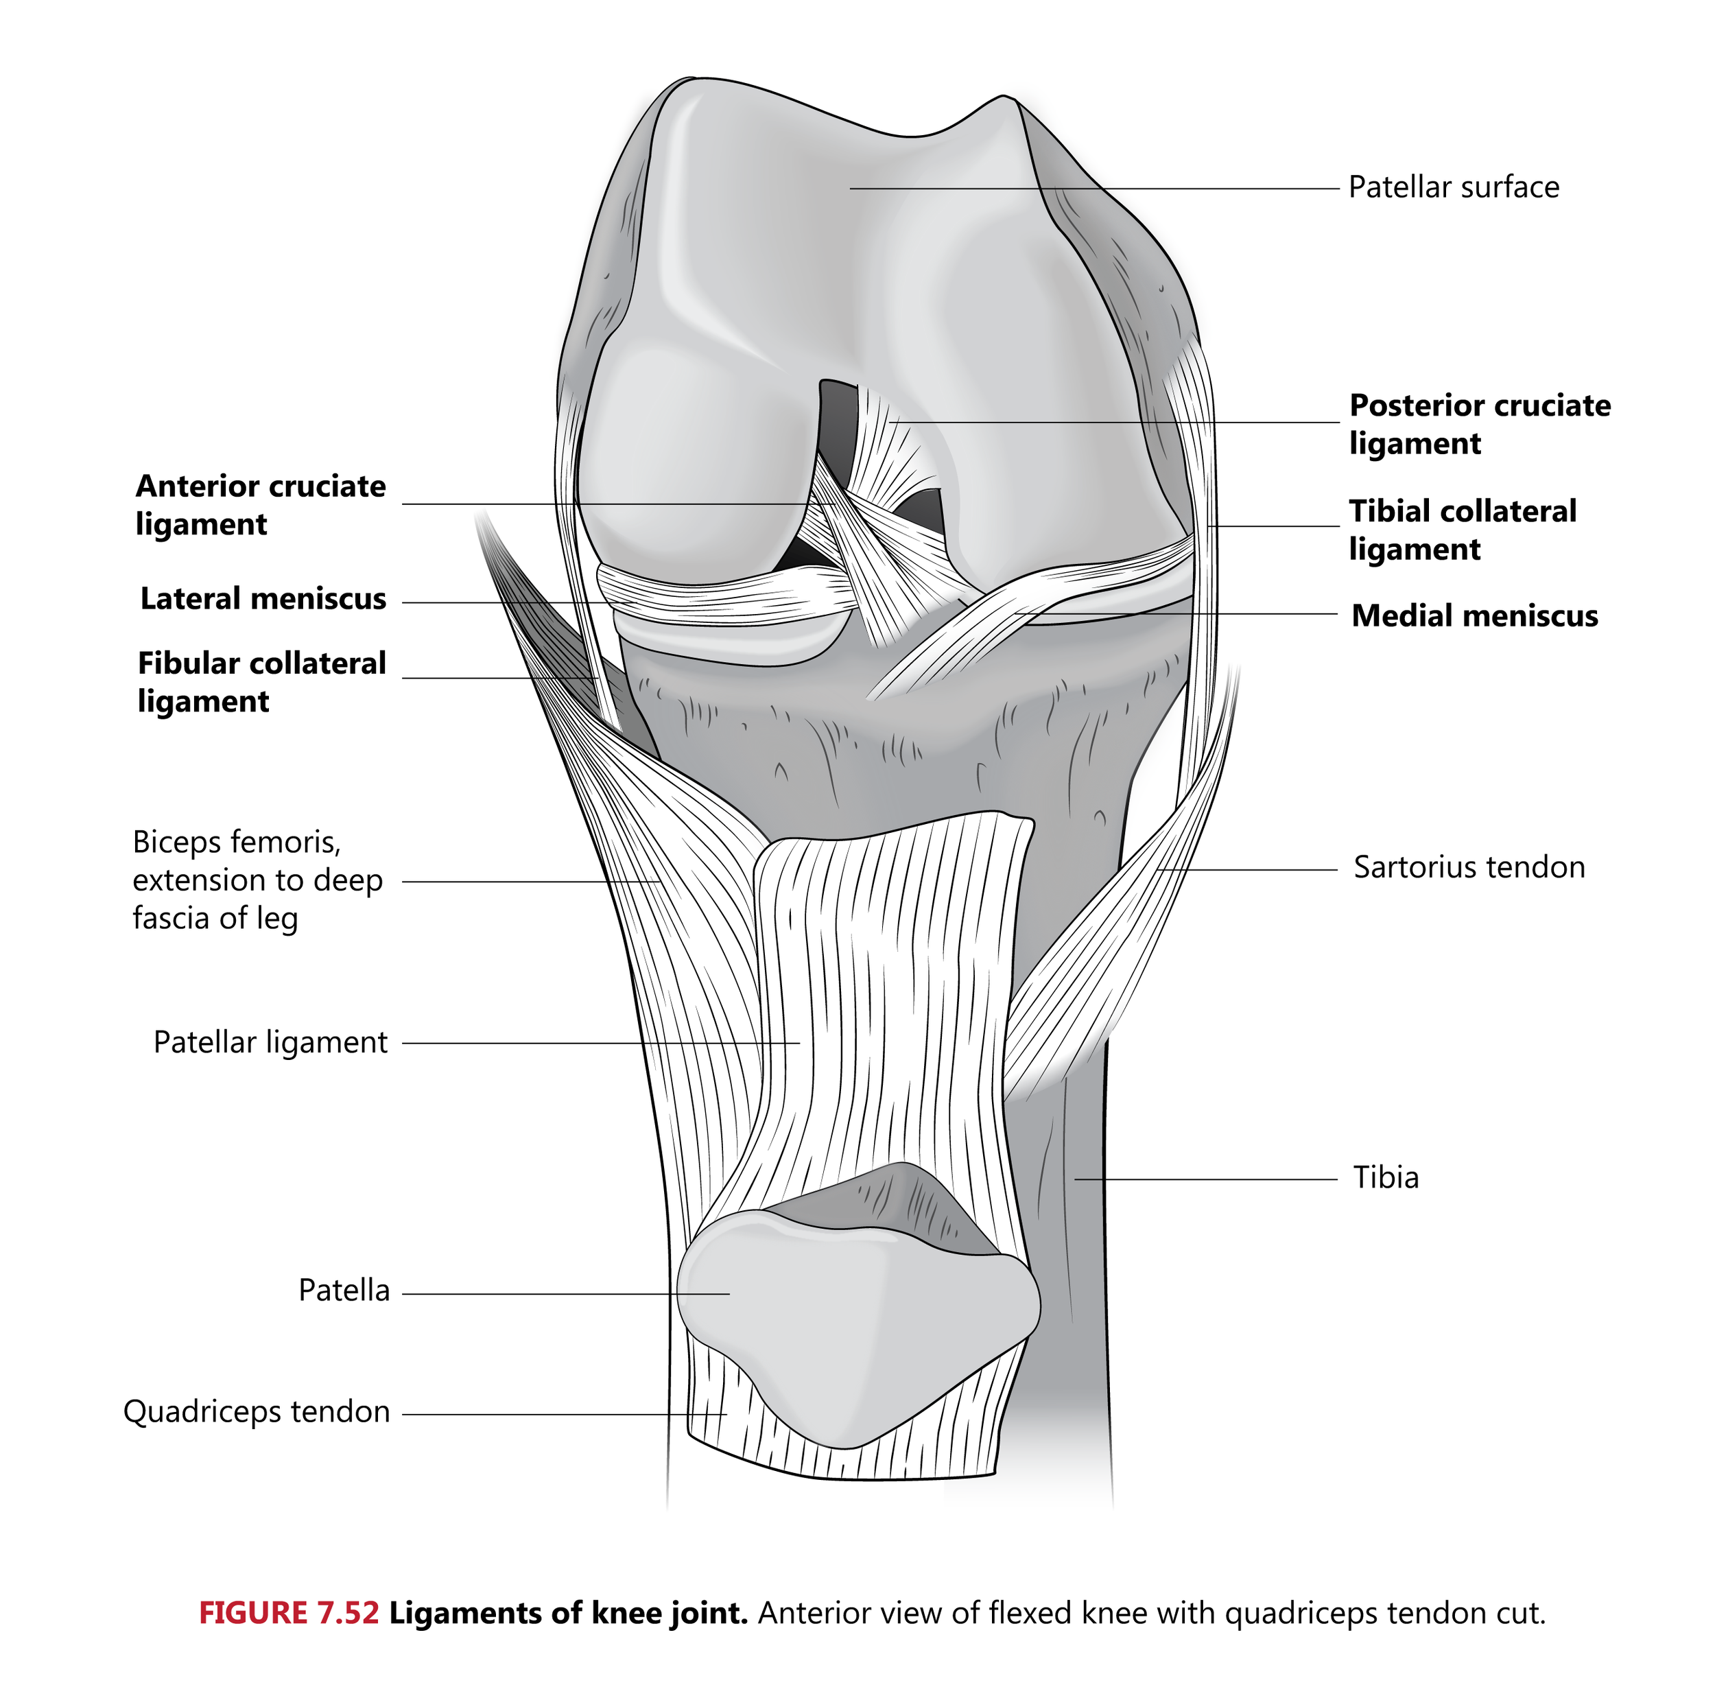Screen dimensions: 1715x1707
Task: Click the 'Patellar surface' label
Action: click(1453, 187)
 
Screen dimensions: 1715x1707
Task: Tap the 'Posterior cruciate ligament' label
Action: click(1479, 424)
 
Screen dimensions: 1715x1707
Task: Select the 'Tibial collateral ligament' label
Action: click(1462, 530)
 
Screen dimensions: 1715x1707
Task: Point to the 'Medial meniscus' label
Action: click(1474, 615)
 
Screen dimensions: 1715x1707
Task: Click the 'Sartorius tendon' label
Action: click(1468, 867)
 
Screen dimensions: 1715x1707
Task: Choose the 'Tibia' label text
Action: click(1386, 1178)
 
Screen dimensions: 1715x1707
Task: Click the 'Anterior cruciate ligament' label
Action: click(260, 505)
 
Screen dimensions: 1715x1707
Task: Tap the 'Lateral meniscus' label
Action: click(263, 599)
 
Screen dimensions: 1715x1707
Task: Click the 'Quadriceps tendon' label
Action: click(257, 1411)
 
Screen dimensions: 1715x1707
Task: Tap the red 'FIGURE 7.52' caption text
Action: click(289, 1613)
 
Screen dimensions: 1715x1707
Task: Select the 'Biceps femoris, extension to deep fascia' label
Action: click(257, 880)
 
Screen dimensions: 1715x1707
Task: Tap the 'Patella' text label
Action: click(344, 1291)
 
